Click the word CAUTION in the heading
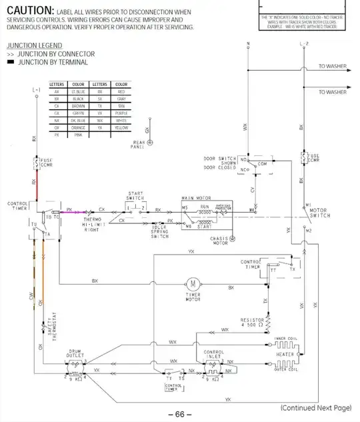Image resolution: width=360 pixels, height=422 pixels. point(27,11)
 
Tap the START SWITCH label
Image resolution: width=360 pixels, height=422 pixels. point(135,197)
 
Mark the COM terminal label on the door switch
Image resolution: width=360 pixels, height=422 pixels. point(262,163)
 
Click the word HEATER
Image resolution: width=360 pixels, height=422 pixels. point(285,355)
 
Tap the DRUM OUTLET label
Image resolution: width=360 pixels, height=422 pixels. point(75,353)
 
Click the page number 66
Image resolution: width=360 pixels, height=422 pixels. point(179,414)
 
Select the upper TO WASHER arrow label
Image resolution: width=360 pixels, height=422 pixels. point(332,67)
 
